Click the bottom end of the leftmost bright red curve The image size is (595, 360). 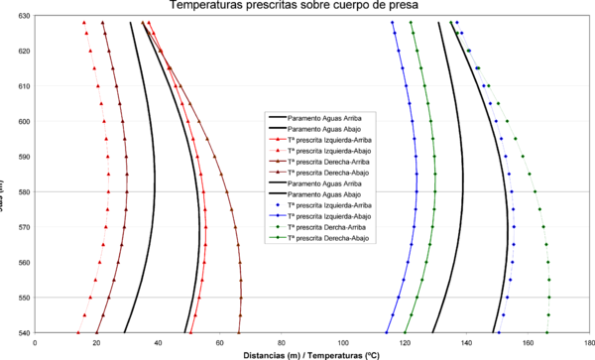tap(78, 332)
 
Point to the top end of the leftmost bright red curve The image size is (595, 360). tap(84, 22)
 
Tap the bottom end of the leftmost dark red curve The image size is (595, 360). tap(96, 332)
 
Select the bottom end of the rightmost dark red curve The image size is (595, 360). tap(240, 332)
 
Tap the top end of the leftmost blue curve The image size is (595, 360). tap(393, 22)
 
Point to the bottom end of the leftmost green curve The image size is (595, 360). tap(405, 332)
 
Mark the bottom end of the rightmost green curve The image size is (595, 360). tap(547, 332)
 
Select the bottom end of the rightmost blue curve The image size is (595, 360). tap(499, 332)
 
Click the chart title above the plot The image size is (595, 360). tap(297, 6)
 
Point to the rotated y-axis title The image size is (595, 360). tap(7, 179)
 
